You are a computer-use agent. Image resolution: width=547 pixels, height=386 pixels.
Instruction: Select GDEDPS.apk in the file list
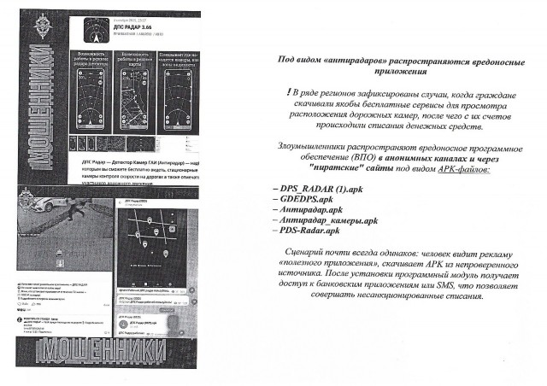pyautogui.click(x=299, y=196)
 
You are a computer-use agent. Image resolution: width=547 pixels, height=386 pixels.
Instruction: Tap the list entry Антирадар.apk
pyautogui.click(x=308, y=208)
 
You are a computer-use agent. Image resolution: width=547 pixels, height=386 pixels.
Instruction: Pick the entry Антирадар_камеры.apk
pyautogui.click(x=329, y=219)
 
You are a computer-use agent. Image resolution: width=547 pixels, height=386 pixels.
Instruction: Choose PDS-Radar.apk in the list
pyautogui.click(x=309, y=231)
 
